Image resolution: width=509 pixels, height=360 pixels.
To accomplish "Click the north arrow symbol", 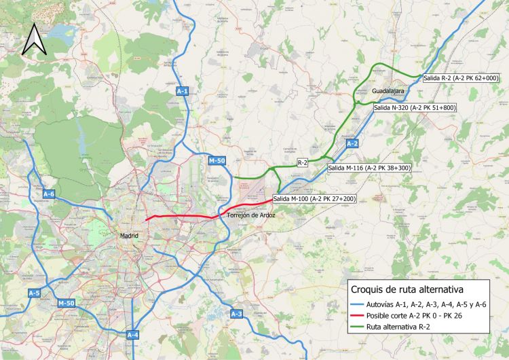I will coord(32,39).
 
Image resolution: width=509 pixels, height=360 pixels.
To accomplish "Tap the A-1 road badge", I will coord(182,90).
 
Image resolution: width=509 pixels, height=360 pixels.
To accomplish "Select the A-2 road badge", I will coord(352,144).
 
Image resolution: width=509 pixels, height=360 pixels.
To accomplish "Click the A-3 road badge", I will coord(236,314).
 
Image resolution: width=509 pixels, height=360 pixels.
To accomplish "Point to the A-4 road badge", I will coord(132,335).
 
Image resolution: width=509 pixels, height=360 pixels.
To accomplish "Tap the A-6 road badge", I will coord(49,194).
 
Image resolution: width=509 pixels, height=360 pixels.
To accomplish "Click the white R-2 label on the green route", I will coord(303,163).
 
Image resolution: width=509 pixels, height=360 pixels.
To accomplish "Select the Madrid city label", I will coord(128,236).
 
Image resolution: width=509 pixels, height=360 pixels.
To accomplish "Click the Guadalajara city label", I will coord(388,90).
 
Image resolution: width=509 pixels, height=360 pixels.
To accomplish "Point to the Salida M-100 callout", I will coord(314,199).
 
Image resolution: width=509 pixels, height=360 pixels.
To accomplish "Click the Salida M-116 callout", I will coord(369,167).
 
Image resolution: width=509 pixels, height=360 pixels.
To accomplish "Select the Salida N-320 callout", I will coord(414,107).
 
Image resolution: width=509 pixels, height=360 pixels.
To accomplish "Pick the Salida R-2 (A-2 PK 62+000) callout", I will coord(461,79).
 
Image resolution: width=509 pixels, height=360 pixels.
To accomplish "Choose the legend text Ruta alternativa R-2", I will coord(403,327).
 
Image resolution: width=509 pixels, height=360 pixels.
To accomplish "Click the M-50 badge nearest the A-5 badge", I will coord(67,302).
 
